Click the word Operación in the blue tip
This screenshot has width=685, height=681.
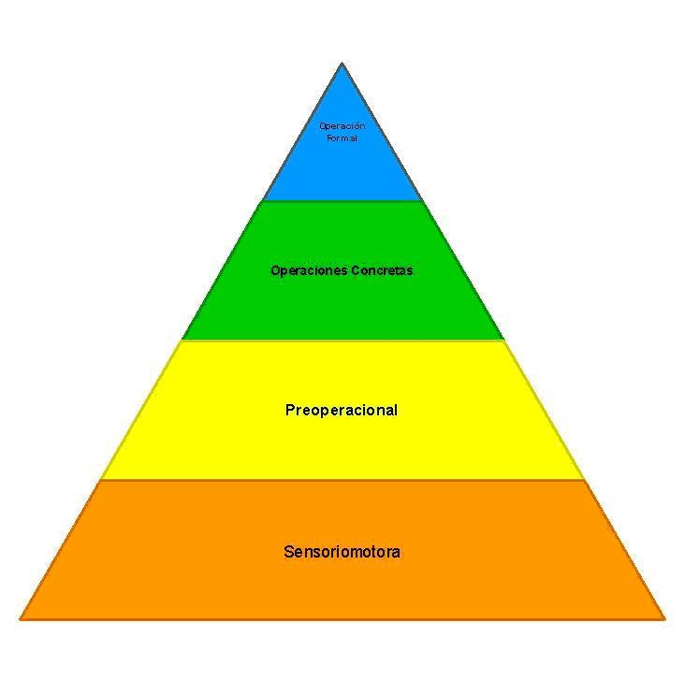click(342, 125)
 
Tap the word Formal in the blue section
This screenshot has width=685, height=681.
click(342, 138)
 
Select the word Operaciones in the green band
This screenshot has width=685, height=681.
click(308, 271)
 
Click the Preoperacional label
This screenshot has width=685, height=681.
click(342, 410)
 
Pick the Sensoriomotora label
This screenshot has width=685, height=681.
click(342, 552)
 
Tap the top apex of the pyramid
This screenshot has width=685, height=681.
click(342, 65)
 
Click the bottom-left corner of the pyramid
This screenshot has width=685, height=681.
click(22, 617)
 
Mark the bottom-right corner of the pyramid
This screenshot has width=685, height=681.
click(663, 617)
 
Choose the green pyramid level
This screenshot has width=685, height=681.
click(342, 304)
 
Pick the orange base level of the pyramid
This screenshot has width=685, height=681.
click(342, 585)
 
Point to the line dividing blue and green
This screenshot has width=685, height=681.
click(342, 200)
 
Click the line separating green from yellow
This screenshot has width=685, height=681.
click(342, 340)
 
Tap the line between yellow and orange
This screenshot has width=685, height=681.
click(342, 480)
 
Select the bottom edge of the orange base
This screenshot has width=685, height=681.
click(342, 618)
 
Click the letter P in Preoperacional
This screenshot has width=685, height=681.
click(290, 410)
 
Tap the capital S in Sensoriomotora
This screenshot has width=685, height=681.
click(288, 552)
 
